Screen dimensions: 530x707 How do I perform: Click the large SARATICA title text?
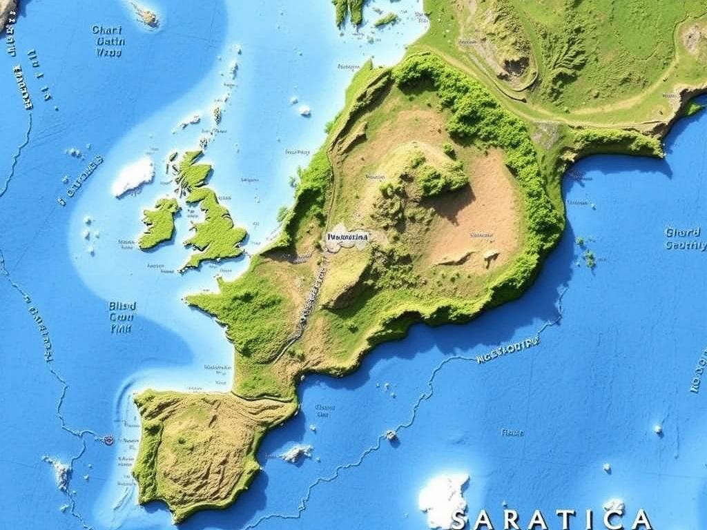pyautogui.click(x=550, y=519)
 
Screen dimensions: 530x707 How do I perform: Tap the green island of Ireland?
pyautogui.click(x=159, y=222)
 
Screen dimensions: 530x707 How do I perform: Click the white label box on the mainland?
pyautogui.click(x=347, y=238)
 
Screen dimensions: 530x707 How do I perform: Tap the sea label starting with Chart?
pyautogui.click(x=108, y=41)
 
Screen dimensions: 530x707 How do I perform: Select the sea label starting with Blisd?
pyautogui.click(x=122, y=317)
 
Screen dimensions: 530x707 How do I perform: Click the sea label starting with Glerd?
pyautogui.click(x=685, y=239)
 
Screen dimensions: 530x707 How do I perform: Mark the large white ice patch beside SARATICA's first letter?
pyautogui.click(x=443, y=498)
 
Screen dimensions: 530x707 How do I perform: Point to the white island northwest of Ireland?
pyautogui.click(x=133, y=175)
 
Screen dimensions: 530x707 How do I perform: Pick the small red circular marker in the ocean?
pyautogui.click(x=108, y=439)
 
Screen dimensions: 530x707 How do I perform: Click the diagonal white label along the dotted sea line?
pyautogui.click(x=507, y=350)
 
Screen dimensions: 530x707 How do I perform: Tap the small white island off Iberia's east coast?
pyautogui.click(x=296, y=453)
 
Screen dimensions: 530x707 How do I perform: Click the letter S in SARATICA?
pyautogui.click(x=459, y=520)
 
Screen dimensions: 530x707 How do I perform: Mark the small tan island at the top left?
pyautogui.click(x=146, y=13)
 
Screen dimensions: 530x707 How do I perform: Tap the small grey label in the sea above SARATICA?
pyautogui.click(x=512, y=433)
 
